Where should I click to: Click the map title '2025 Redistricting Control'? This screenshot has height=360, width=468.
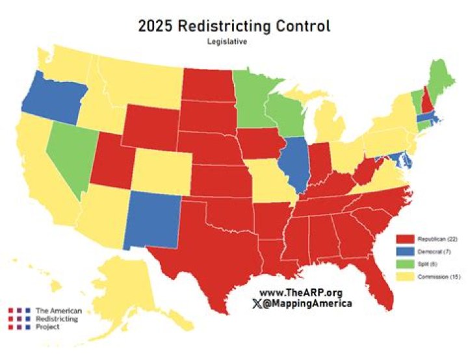[x=234, y=26]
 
